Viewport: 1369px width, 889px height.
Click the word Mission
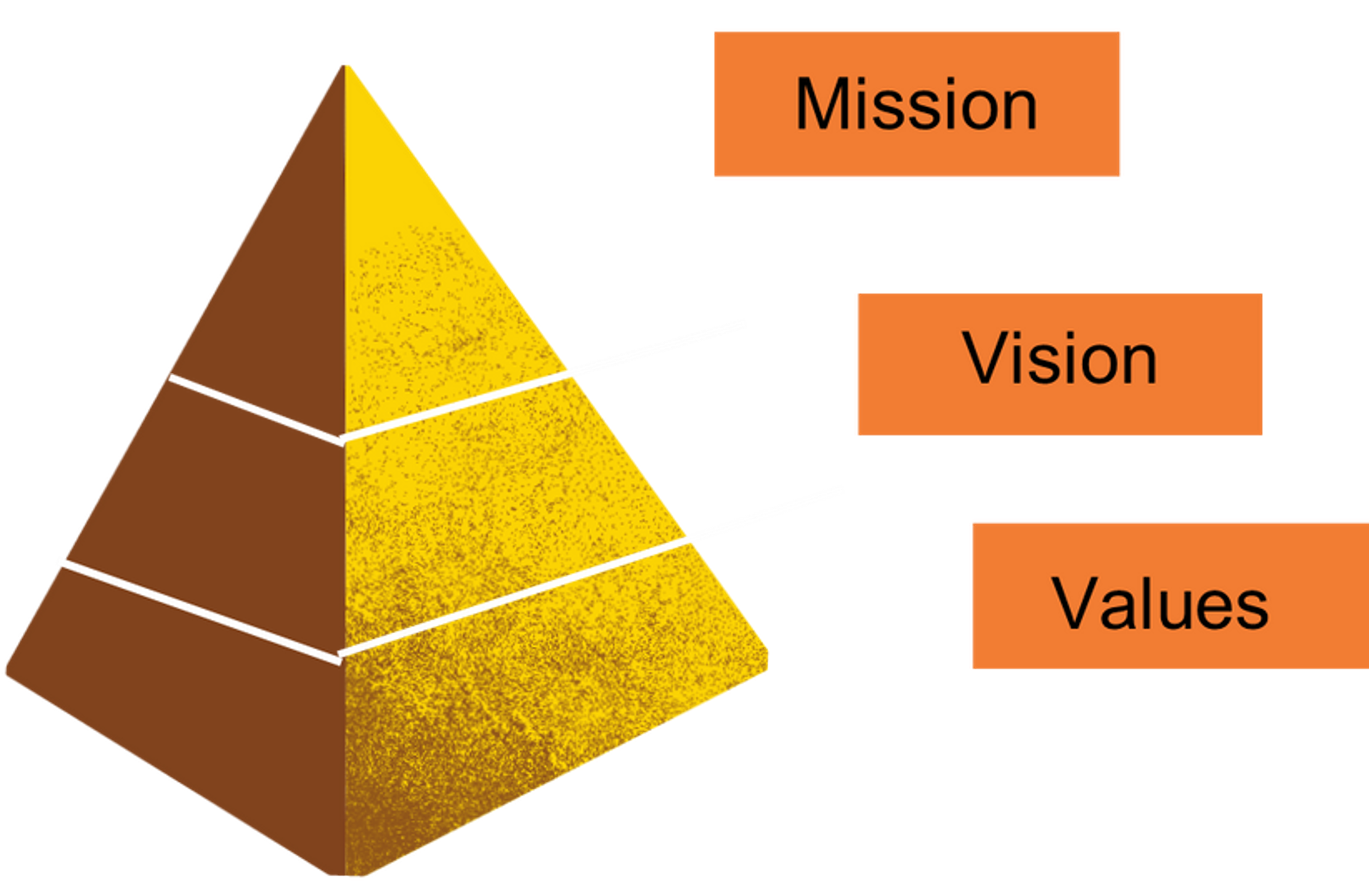[x=916, y=104]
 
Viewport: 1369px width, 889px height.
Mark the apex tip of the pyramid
[x=346, y=63]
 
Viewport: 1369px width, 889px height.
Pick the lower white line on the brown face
[x=197, y=610]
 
